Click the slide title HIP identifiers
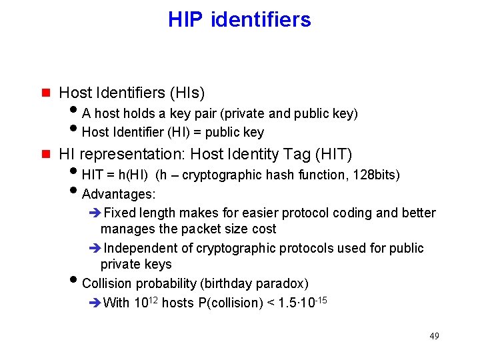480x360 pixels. click(239, 19)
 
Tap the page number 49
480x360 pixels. click(434, 335)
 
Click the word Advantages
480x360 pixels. click(119, 195)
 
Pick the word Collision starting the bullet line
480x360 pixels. click(107, 283)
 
